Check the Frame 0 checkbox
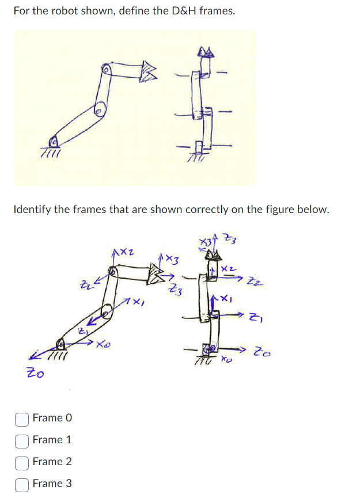pos(21,418)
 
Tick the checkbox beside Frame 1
pos(21,440)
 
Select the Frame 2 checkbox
pos(21,462)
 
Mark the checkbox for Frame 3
pos(21,484)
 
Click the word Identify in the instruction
pos(32,209)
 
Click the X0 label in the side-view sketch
pos(103,345)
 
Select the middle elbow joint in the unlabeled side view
pos(99,108)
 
